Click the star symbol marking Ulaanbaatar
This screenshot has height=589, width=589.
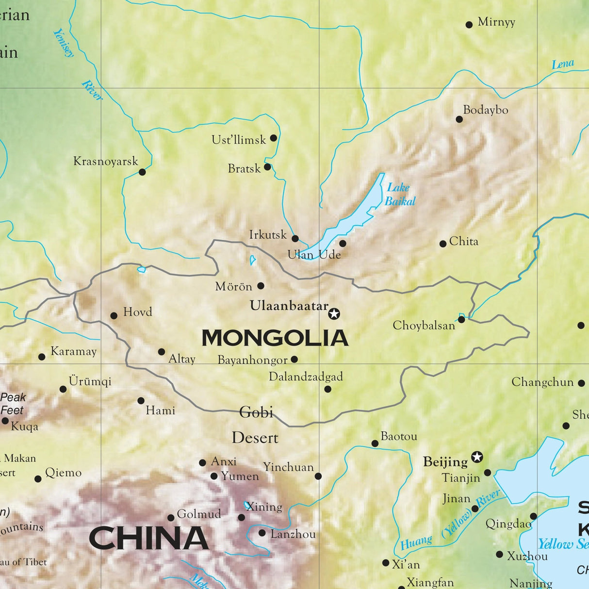334,314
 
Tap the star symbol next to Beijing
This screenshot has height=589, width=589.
477,457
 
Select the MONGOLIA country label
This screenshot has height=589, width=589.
275,338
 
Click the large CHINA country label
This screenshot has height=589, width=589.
148,539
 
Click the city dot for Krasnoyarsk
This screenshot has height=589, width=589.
142,172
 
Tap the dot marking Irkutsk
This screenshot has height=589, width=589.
295,238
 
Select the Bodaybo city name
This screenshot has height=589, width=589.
485,110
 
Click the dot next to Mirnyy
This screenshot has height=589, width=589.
469,25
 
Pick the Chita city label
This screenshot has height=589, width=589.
463,241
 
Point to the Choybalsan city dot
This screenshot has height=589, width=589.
461,320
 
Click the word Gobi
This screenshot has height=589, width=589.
256,412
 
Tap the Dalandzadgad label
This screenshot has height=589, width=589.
306,376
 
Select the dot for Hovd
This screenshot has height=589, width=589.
114,316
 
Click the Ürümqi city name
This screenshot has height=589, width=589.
90,381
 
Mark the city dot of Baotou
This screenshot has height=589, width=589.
375,443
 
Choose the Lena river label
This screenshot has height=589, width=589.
563,64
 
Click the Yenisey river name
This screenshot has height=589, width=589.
64,43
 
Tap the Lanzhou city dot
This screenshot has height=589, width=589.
262,533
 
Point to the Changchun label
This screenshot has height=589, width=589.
542,382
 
